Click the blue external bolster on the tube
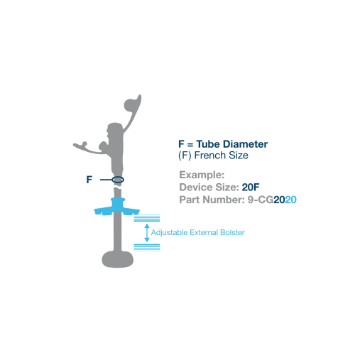click(x=117, y=208)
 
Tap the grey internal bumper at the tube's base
click(x=118, y=259)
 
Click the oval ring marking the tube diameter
click(x=118, y=180)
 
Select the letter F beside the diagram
click(x=89, y=180)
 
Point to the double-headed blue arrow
click(x=147, y=233)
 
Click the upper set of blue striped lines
click(x=147, y=218)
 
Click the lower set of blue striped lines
click(x=147, y=247)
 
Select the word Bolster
click(x=232, y=232)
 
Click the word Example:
click(x=202, y=175)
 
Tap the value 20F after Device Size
click(x=251, y=187)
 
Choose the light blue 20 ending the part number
click(x=290, y=200)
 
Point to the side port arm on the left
click(x=90, y=148)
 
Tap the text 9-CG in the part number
click(x=261, y=200)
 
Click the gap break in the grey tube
click(x=118, y=187)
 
